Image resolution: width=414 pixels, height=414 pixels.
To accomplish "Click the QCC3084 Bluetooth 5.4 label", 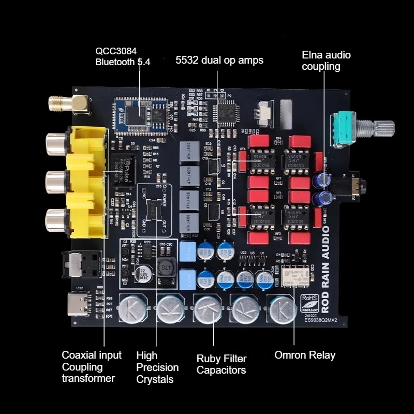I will [123, 56].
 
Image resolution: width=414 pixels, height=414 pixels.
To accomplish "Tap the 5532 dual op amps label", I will [219, 61].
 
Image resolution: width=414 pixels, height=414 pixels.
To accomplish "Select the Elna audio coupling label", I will [326, 61].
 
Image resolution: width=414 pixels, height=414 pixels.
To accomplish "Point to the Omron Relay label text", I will [305, 355].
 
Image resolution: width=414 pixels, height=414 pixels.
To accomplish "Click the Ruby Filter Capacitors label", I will [221, 364].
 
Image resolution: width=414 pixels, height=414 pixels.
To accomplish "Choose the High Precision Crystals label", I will [157, 367].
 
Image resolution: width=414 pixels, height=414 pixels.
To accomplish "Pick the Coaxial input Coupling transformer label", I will [92, 366].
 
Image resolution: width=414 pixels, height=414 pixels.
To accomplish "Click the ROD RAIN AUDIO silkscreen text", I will [325, 268].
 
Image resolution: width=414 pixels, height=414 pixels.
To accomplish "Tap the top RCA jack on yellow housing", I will [56, 144].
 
